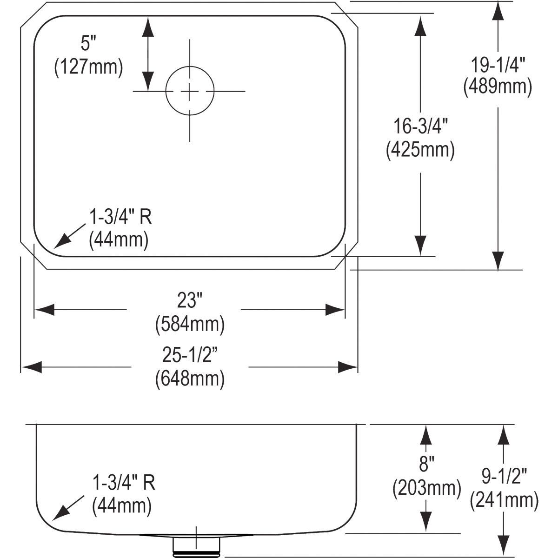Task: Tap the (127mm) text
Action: coord(89,67)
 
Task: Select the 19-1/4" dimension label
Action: coord(497,65)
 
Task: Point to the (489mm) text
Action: coord(498,88)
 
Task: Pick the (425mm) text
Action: coord(420,150)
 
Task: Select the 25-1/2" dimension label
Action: coord(190,355)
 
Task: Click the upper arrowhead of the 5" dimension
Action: coord(148,27)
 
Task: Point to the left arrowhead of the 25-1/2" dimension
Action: coord(32,367)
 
